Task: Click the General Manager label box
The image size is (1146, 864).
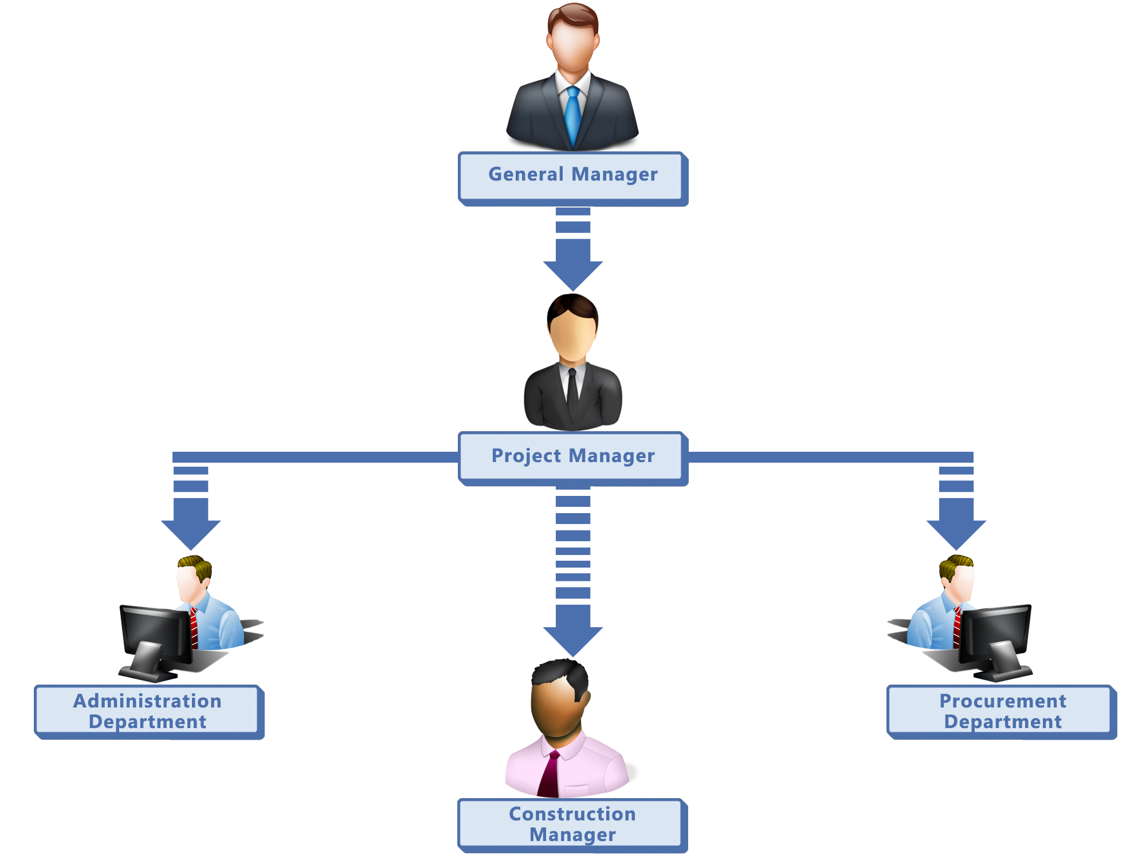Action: [573, 178]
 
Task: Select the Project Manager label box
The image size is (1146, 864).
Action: [573, 458]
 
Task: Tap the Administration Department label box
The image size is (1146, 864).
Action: [148, 711]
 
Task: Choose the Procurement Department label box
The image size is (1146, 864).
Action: [1002, 711]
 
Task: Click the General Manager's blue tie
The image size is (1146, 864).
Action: [572, 115]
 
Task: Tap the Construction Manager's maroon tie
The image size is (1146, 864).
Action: [550, 774]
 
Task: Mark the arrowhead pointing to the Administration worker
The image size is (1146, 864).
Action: [191, 533]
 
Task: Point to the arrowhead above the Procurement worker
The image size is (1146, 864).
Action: [956, 533]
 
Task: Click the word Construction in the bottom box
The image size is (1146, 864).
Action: [572, 814]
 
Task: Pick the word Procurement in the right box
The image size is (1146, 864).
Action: [1003, 701]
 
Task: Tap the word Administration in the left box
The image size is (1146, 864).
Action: [147, 701]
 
